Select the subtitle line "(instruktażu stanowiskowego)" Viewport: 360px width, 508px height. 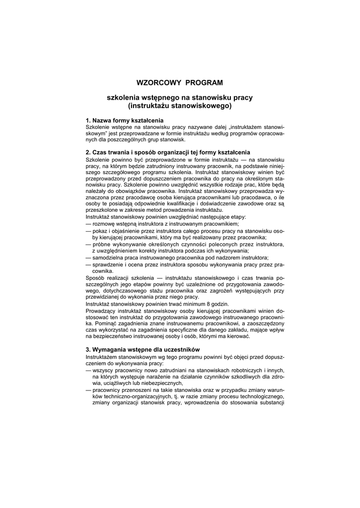pos(180,106)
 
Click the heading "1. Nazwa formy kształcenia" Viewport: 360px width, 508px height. pos(125,121)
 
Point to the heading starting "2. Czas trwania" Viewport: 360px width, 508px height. pos(168,152)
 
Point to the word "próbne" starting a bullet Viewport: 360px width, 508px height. pos(102,245)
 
